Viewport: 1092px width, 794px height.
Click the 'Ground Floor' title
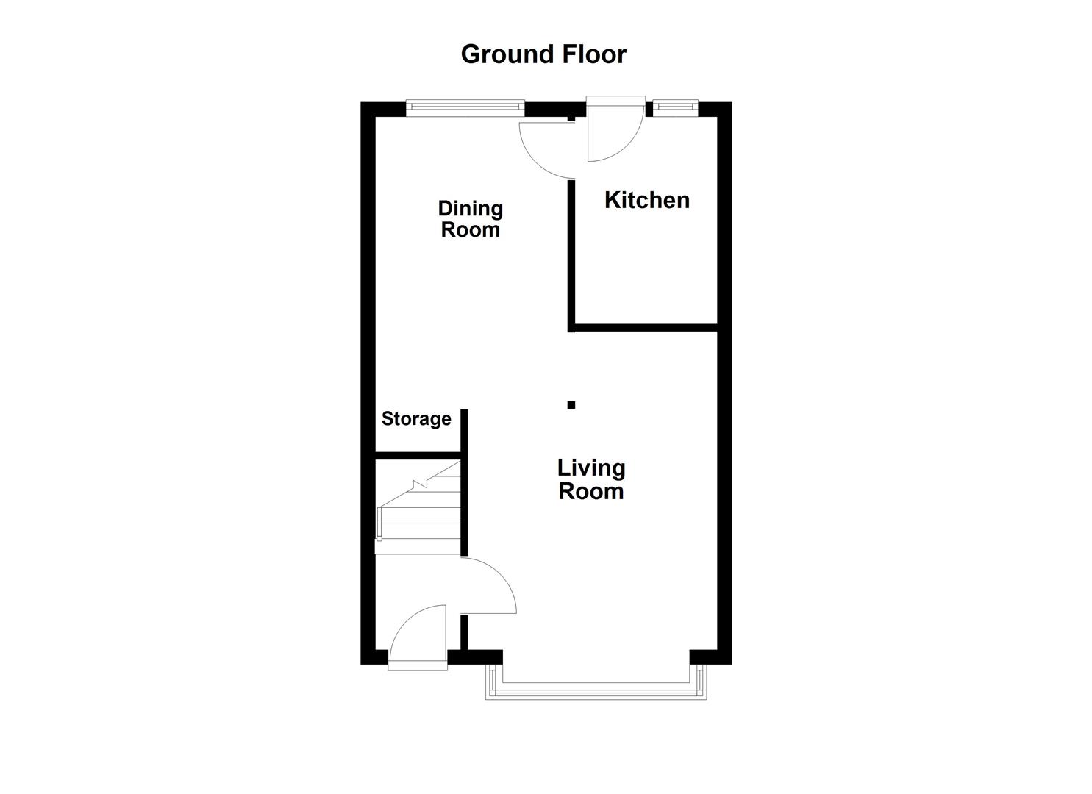point(543,54)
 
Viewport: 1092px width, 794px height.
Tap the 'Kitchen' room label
point(646,200)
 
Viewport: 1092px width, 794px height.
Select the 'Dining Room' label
point(470,219)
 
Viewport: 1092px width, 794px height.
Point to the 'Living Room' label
point(590,479)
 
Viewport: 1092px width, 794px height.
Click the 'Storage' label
point(416,419)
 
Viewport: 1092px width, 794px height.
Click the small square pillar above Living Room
point(571,404)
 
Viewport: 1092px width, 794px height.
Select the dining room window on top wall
point(465,107)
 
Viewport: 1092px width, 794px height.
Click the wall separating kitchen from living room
point(644,326)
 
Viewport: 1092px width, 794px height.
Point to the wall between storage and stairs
point(418,456)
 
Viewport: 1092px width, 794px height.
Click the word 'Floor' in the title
point(594,54)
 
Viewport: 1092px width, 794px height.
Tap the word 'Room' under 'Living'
point(590,491)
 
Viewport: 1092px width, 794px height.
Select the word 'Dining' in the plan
point(470,209)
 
